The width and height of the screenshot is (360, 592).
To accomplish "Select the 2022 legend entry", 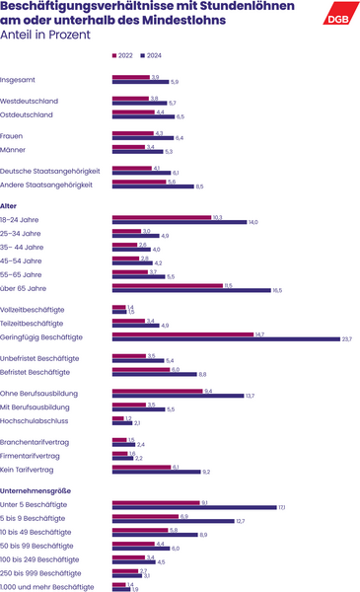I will pyautogui.click(x=123, y=55).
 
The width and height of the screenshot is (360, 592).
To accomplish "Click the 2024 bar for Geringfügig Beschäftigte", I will pyautogui.click(x=225, y=339).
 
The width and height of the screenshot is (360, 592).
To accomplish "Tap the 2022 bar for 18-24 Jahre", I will pyautogui.click(x=162, y=217).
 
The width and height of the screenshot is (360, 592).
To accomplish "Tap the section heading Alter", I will pyautogui.click(x=9, y=205).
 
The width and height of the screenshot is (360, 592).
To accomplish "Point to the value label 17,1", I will pyautogui.click(x=282, y=507).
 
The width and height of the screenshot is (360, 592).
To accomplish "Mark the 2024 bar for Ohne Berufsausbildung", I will pyautogui.click(x=178, y=396).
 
